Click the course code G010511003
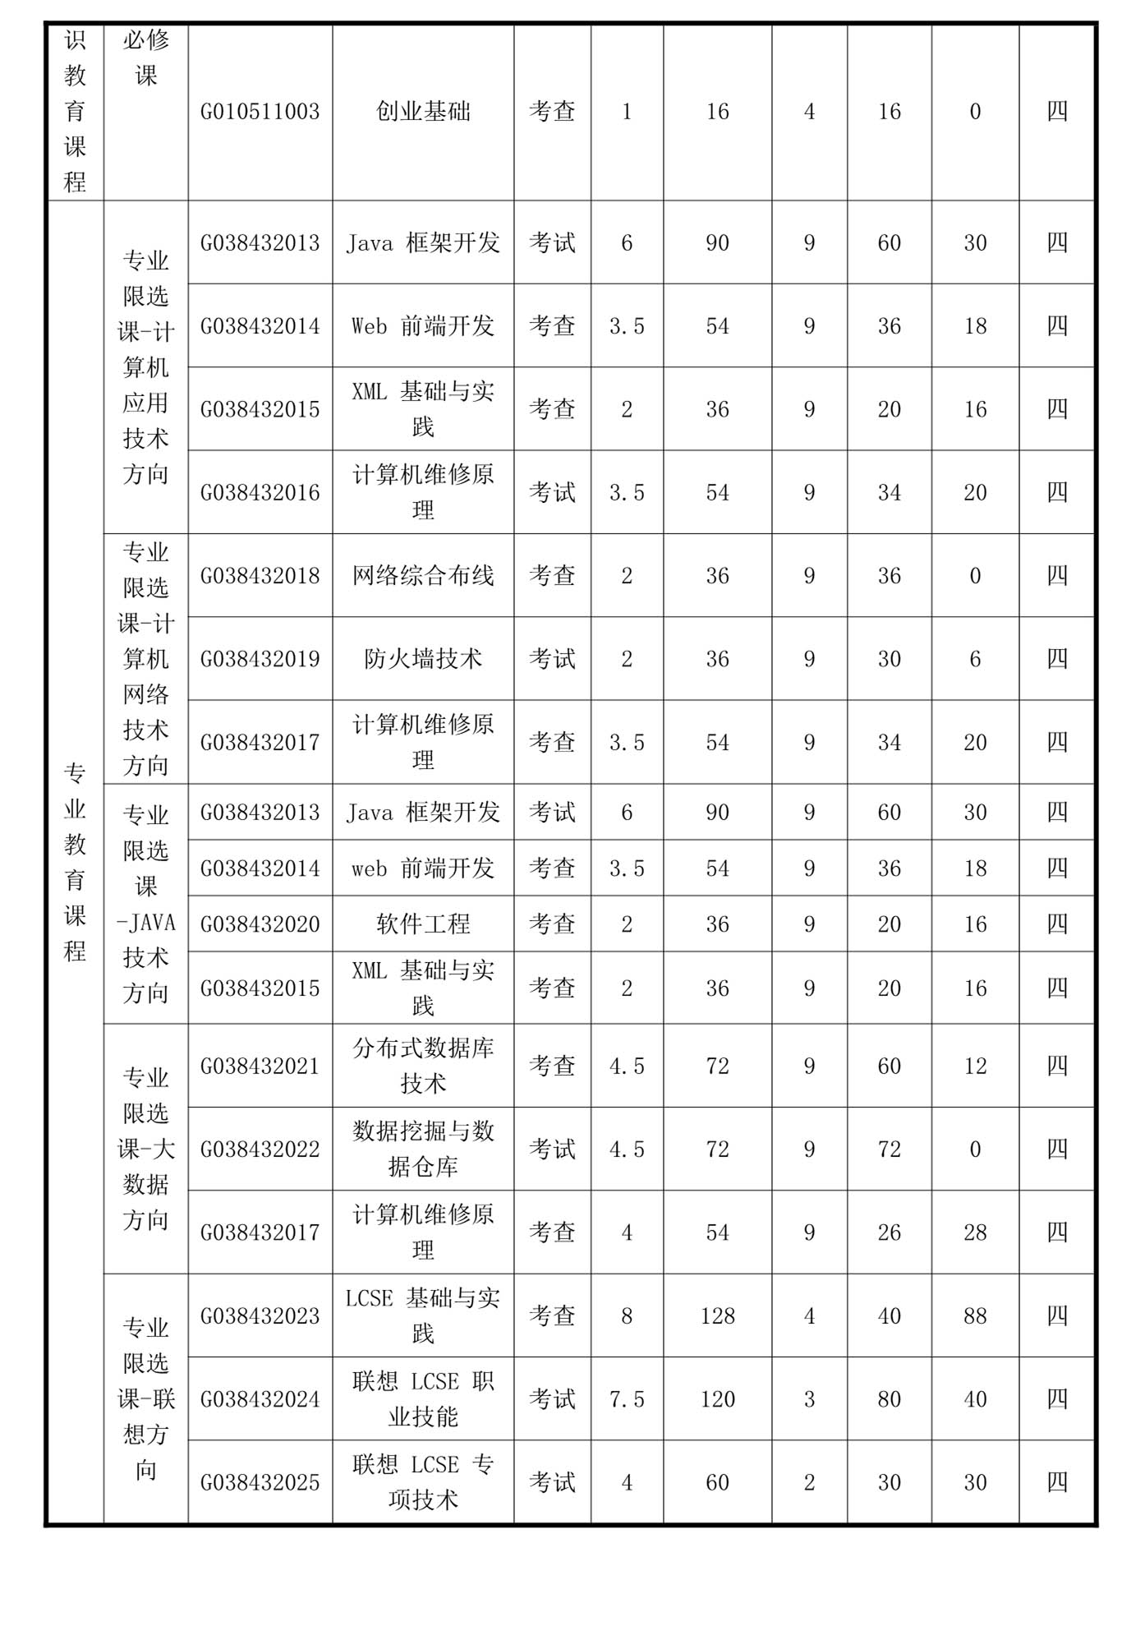(x=260, y=112)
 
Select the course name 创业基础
(x=423, y=112)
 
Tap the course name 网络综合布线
(x=423, y=576)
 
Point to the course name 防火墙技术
(x=423, y=659)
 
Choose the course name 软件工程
(x=423, y=924)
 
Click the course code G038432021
(x=260, y=1066)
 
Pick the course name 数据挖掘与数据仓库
(x=423, y=1149)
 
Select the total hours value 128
(x=717, y=1316)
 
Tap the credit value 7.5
(x=627, y=1399)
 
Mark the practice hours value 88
(x=975, y=1316)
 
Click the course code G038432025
(x=260, y=1483)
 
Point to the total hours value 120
(x=717, y=1399)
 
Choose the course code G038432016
(x=260, y=493)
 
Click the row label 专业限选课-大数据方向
(x=145, y=1149)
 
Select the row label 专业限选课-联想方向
(x=145, y=1398)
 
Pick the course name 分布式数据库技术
(x=423, y=1066)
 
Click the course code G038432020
(x=260, y=924)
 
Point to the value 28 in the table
(x=975, y=1232)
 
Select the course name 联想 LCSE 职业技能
(x=423, y=1398)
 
